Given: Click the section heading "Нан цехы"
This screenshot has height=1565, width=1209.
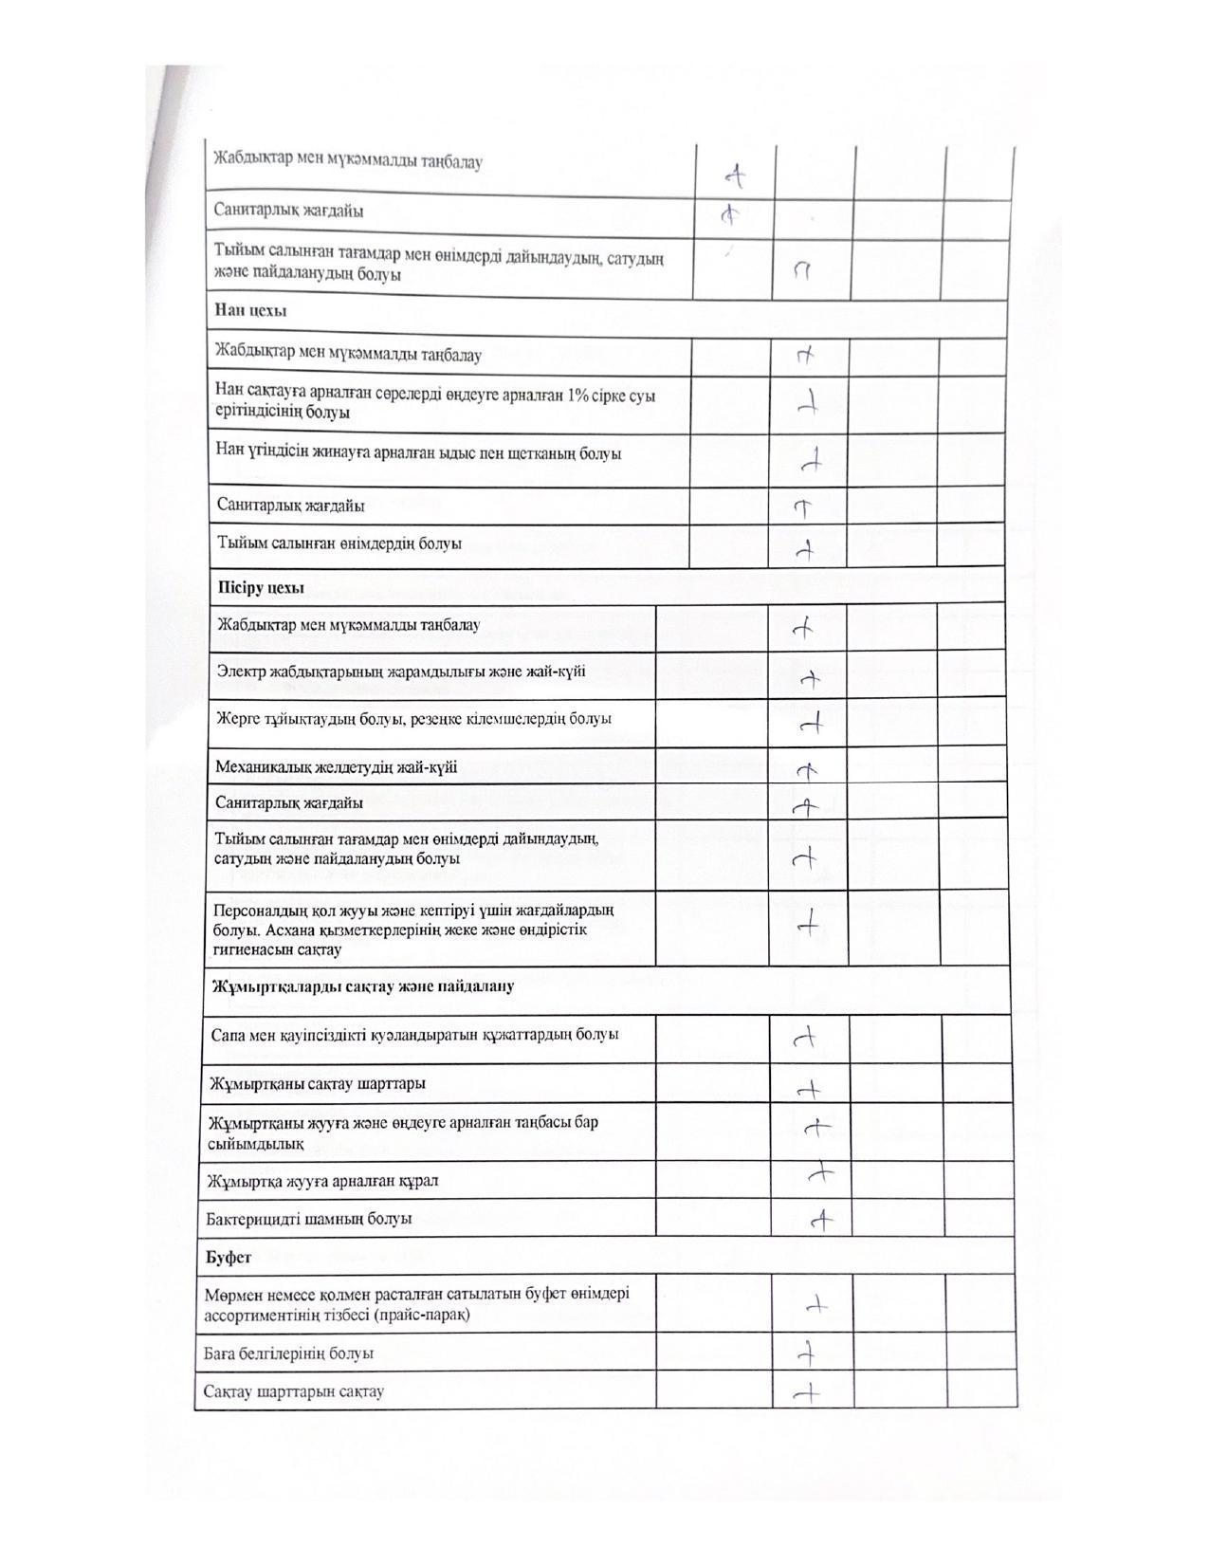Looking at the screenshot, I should click(250, 310).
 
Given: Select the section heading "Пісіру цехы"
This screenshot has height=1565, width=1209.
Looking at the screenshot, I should click(261, 587).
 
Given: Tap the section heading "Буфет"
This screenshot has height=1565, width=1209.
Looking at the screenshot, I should click(229, 1257).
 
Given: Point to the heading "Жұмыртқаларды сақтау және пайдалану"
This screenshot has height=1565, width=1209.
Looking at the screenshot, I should click(363, 986).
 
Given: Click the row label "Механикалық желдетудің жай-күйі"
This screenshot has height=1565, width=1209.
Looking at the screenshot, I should click(337, 766).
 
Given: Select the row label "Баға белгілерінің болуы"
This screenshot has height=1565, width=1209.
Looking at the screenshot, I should click(288, 1353).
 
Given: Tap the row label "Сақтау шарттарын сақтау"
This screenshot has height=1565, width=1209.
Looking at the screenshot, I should click(294, 1391).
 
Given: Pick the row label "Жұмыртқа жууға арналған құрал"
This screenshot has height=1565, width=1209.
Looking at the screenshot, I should click(322, 1181).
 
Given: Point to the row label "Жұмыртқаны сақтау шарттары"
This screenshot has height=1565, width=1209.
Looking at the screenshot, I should click(317, 1083).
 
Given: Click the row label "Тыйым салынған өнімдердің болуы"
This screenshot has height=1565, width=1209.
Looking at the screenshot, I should click(339, 544).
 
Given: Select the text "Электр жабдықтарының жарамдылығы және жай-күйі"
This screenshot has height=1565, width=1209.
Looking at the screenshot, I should click(401, 672).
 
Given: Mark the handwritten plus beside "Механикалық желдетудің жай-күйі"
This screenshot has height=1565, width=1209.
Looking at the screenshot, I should click(807, 769).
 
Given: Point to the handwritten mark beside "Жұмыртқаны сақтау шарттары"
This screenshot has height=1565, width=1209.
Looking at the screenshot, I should click(809, 1091).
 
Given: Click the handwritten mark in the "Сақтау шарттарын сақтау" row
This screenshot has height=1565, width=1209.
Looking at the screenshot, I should click(807, 1392).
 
